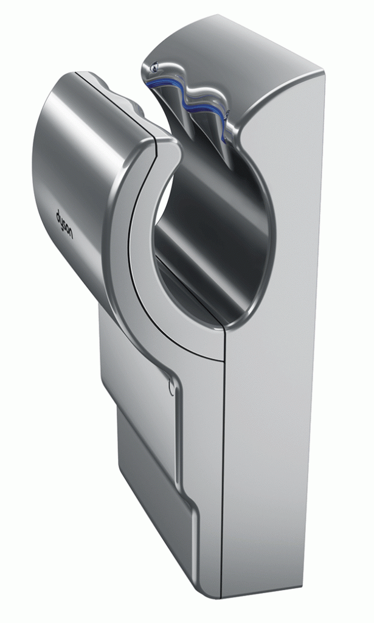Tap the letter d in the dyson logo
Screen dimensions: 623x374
[x=59, y=214]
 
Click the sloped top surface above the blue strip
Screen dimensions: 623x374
[x=243, y=55]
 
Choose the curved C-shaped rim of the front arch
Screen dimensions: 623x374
[x=125, y=256]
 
